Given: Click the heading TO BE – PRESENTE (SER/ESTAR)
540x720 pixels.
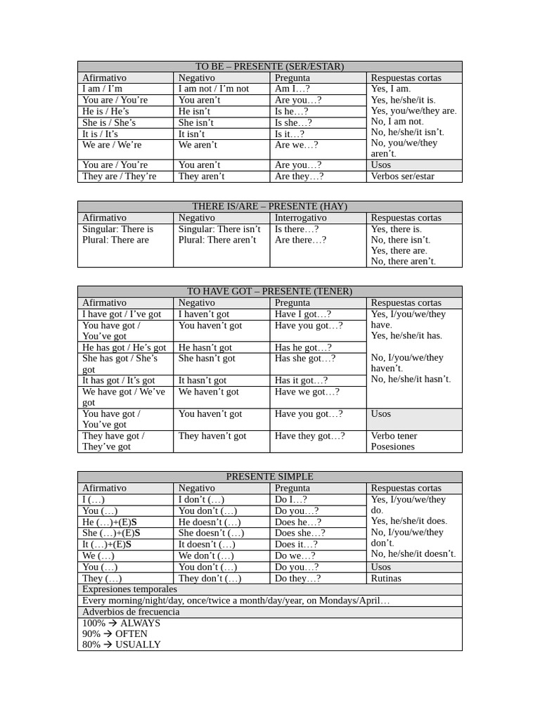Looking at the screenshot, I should point(270,67).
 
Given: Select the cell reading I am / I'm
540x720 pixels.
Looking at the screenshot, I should point(103,89).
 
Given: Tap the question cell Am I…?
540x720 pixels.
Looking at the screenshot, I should point(292,89).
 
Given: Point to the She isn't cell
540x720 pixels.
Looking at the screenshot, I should point(196,122).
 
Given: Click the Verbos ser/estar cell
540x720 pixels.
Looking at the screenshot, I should point(403,176).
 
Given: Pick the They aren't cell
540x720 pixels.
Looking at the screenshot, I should point(201,176).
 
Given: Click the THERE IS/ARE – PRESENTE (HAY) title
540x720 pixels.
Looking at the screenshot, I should point(270,207).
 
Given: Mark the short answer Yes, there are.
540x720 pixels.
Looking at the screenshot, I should point(399,250).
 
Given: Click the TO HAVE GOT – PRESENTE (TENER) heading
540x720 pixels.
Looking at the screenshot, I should point(270,291).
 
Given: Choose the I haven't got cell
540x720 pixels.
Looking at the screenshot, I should point(204,314).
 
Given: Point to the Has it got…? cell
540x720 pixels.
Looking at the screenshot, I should point(301,380).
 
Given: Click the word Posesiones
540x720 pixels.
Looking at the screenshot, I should point(393,446).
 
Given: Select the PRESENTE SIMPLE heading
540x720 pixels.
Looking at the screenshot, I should point(270,477).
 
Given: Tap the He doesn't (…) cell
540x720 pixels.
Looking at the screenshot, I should point(210,522).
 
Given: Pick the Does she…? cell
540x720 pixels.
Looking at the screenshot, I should point(298,534).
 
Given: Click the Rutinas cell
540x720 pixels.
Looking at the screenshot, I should point(386,579).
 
